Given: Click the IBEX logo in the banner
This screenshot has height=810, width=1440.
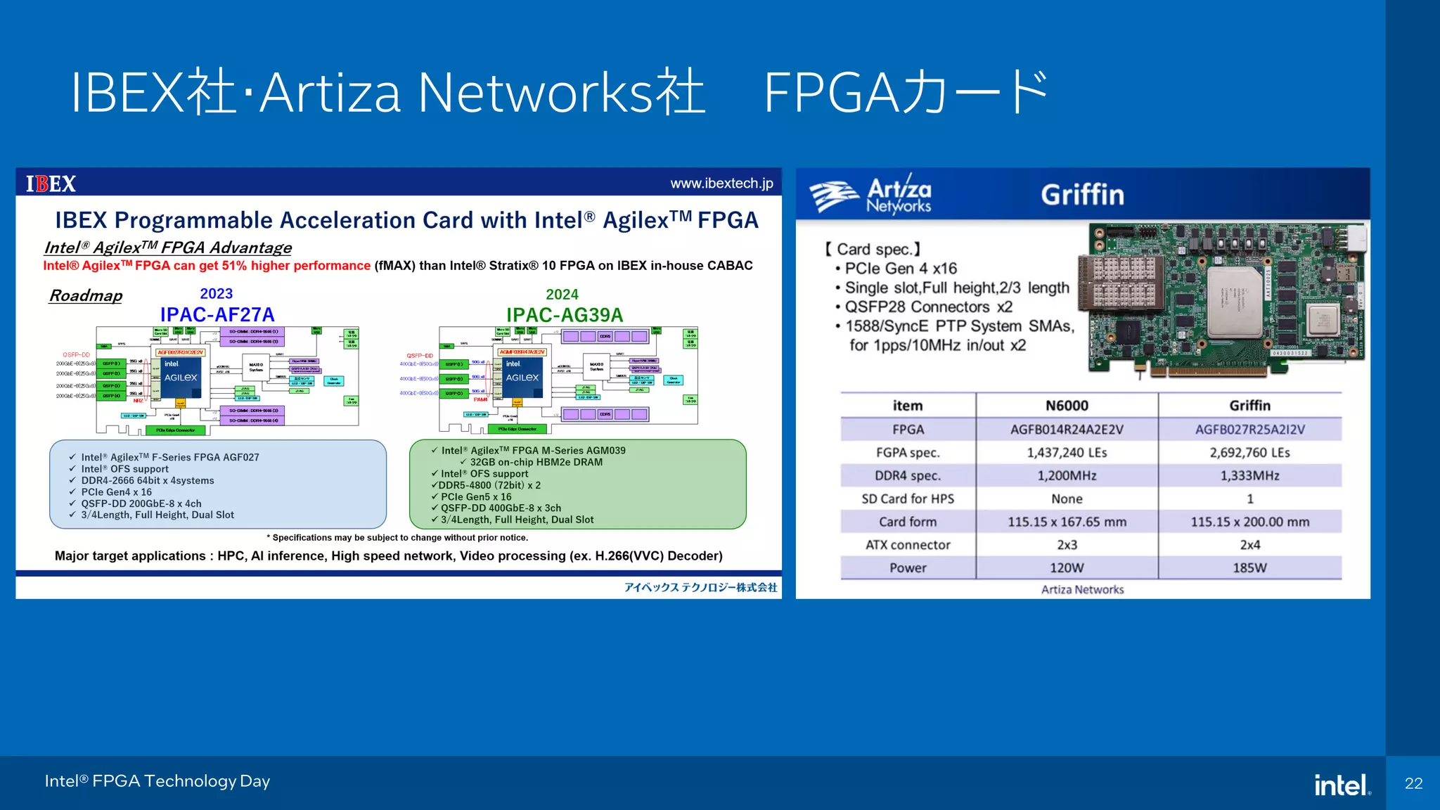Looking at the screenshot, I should click(51, 184).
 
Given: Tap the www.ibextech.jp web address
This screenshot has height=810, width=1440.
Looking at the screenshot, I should click(721, 184).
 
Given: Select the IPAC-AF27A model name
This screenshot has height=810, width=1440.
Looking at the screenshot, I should click(217, 315).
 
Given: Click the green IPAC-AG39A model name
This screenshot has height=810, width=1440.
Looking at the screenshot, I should click(565, 315).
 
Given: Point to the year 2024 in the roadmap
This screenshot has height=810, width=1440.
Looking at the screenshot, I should click(562, 295).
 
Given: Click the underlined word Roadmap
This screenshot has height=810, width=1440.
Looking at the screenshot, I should click(86, 295).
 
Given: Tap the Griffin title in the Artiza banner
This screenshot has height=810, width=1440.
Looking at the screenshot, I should click(1082, 195).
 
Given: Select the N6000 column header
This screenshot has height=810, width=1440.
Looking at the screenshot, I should click(1067, 406).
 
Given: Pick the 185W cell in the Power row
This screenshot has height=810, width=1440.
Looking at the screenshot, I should click(1249, 568).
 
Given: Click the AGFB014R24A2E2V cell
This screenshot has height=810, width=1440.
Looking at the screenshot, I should click(1067, 430).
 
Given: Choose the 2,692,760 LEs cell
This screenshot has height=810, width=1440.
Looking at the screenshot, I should click(1249, 453).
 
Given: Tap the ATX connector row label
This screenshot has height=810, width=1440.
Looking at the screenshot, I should click(908, 545).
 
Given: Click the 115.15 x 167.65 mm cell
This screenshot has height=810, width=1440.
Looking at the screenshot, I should click(1067, 522).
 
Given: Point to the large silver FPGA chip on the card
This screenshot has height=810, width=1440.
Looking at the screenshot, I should click(1235, 302).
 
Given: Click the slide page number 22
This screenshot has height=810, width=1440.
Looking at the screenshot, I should click(1413, 783).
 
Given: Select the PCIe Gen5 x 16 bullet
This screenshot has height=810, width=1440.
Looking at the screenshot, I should click(476, 496).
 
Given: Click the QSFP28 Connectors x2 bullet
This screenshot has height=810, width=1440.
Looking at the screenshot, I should click(928, 307).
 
